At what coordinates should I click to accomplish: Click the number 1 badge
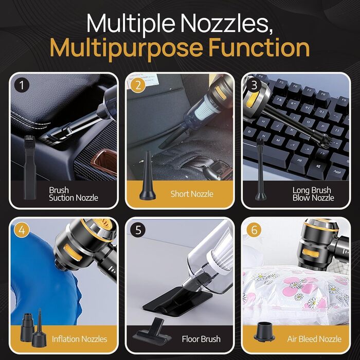(22, 85)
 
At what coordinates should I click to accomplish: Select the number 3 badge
(254, 85)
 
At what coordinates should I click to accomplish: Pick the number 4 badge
(22, 230)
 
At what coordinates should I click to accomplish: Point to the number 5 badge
(138, 230)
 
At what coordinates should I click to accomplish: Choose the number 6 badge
(254, 230)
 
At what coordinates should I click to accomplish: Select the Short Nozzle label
(192, 194)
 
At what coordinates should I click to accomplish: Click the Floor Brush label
(201, 339)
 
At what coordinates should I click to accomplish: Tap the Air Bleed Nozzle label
(314, 339)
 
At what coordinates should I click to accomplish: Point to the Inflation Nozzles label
(79, 339)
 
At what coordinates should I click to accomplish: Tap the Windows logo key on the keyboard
(318, 167)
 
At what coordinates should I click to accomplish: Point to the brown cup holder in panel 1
(104, 160)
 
